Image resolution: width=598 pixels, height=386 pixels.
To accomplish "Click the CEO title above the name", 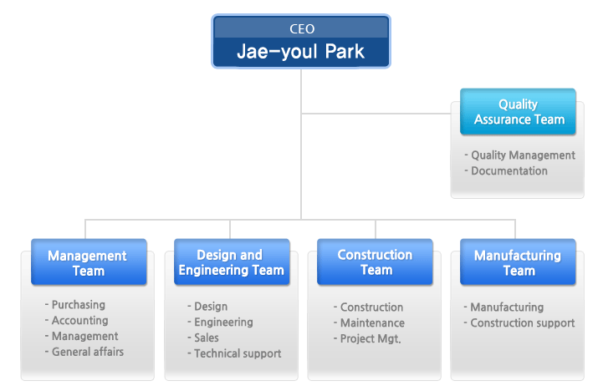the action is pos(302,29).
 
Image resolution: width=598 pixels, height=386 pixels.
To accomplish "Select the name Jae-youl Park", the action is pos(300,52).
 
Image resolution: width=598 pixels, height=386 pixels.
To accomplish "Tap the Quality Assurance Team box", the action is pos(518,112).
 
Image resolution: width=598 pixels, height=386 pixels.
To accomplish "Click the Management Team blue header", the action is pos(89,262).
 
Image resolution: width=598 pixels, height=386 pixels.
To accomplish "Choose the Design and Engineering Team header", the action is pos(232,262).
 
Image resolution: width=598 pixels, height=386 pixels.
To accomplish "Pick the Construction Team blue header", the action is pos(375,262).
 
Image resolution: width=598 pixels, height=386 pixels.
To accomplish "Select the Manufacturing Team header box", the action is pos(518,262).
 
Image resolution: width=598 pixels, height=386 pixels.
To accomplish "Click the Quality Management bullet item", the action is pos(520,155).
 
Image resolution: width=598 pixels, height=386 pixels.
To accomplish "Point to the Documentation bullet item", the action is pos(506,170).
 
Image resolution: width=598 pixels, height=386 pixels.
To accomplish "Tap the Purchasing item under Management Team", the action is pos(74,305).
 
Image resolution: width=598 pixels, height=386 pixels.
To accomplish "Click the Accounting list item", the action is pos(76,321).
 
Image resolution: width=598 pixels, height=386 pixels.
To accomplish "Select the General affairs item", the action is pos(84,352).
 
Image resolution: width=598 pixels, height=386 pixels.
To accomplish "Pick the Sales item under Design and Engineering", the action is pos(203,338).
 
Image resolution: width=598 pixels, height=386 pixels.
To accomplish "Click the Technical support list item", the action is pos(234,353).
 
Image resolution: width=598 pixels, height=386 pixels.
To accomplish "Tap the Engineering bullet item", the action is pos(220,323).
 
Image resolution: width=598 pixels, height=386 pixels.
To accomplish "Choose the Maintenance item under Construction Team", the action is pos(369,323).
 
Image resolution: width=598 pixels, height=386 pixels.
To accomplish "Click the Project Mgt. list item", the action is pos(367,338).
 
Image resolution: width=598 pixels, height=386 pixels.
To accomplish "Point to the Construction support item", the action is pos(519,323).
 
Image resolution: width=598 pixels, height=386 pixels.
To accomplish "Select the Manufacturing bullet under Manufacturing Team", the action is pos(503,307).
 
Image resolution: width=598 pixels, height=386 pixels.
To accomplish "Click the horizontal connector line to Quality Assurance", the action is pos(376,113).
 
